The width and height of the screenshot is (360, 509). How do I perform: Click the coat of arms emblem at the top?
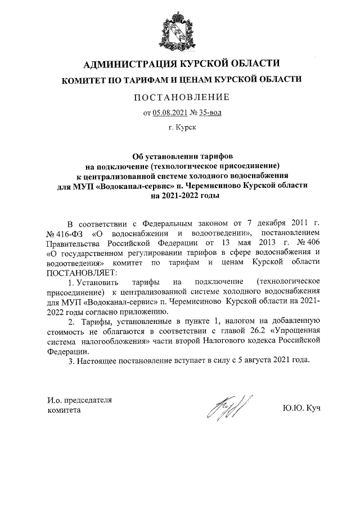tap(180, 29)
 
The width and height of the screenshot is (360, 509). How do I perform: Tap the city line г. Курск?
tap(182, 128)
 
